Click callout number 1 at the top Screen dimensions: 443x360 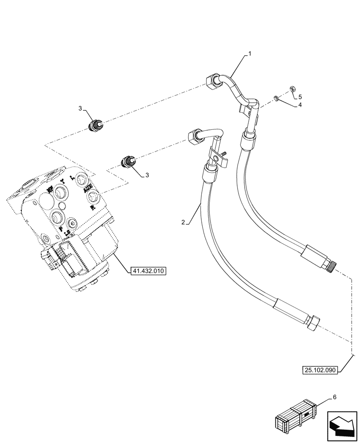tap(250, 54)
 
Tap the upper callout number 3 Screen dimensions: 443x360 tap(80, 108)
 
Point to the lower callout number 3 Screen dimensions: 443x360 tap(148, 175)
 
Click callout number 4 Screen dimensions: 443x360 tap(300, 105)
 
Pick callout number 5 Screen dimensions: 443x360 tap(300, 96)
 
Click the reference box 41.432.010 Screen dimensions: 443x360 tap(148, 270)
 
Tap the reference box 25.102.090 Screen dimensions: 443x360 tap(321, 369)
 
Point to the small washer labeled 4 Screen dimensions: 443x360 tap(276, 98)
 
